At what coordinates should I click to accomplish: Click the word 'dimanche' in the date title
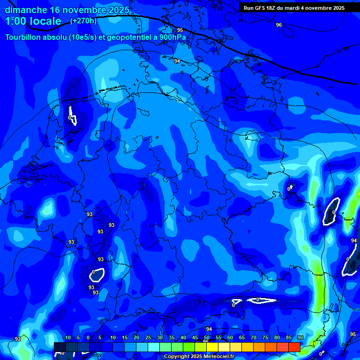[26, 10]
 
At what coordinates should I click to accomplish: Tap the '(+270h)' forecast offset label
[83, 21]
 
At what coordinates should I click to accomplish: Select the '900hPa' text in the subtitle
[173, 37]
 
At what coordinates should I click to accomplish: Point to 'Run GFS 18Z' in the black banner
[260, 8]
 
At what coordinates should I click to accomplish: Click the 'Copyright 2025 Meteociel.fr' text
[199, 357]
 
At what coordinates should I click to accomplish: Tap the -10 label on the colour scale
[66, 337]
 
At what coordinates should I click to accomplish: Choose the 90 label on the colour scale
[300, 337]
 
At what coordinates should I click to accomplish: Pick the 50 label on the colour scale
[207, 337]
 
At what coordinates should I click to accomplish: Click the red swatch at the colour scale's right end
[294, 347]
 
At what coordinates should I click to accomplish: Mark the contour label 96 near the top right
[279, 25]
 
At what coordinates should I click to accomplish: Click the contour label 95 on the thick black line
[180, 30]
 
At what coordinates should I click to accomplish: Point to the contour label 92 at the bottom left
[18, 339]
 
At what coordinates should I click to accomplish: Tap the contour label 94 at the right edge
[353, 240]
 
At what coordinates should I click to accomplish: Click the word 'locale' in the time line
[44, 21]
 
